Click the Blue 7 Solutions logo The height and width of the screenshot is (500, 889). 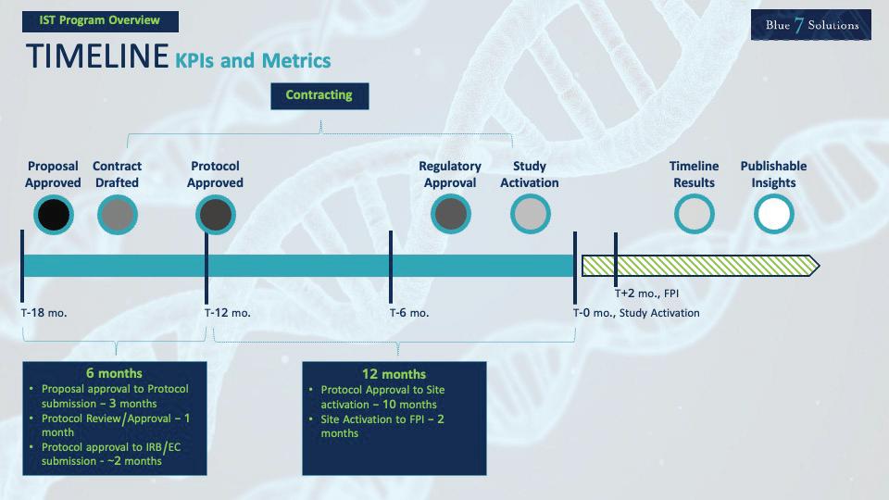coord(811,25)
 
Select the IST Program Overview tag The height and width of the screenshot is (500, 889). coord(100,20)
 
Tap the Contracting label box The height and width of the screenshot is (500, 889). coord(319,95)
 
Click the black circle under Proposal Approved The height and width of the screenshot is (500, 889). coord(53,215)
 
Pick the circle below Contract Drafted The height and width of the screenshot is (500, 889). coord(117,215)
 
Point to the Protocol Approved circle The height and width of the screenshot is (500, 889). coord(215,215)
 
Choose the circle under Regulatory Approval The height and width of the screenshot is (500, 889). coord(450,215)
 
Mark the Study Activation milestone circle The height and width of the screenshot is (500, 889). coord(530,215)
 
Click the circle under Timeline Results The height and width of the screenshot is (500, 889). coord(694,215)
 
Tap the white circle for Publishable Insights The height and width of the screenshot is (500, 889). coord(773,215)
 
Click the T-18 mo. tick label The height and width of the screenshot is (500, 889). coord(44,313)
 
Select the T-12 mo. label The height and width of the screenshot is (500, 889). coord(228,313)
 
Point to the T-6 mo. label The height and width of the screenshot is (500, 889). coord(409,313)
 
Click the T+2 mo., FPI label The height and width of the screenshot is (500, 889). coord(647,294)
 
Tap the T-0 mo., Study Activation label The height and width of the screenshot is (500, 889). coord(636,313)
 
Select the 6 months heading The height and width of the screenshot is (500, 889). coord(115,374)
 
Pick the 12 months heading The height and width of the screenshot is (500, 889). coord(394,374)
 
